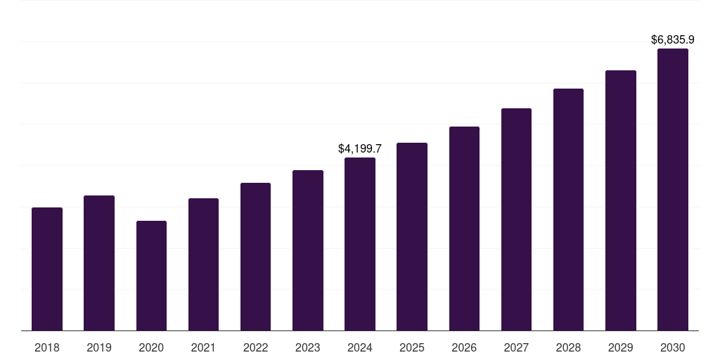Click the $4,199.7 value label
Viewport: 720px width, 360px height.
(360, 149)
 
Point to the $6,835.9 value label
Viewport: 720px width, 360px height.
(673, 40)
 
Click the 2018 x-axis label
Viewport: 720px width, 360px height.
(47, 347)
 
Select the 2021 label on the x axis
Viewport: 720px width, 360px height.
(203, 347)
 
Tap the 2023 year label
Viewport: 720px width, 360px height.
(307, 347)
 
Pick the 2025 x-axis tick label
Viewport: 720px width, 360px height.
(412, 347)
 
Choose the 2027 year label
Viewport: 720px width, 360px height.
(516, 347)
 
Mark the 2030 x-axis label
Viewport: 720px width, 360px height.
(672, 347)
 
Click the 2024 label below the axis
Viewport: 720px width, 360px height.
(360, 347)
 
